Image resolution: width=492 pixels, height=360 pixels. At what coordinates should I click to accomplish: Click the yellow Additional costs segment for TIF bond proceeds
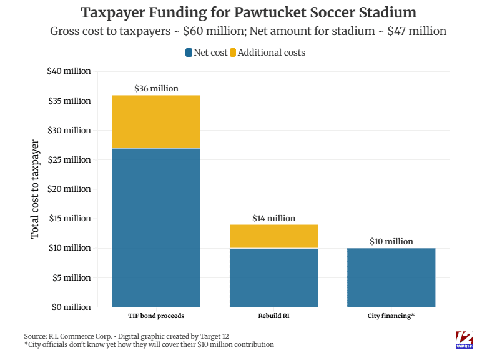156,121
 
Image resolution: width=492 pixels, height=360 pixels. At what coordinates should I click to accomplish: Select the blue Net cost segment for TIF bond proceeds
156,227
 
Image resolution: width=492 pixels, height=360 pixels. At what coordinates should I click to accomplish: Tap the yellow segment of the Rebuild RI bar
273,236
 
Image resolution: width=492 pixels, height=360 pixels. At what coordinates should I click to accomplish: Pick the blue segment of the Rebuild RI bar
273,277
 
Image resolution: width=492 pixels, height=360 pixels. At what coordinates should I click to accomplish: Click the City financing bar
391,277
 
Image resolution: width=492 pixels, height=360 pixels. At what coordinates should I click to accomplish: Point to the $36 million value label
156,89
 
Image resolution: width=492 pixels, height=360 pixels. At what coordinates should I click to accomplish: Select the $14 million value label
273,219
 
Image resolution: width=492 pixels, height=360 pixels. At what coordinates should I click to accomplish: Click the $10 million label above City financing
391,242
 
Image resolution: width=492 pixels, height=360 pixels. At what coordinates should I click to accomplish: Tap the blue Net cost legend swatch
188,52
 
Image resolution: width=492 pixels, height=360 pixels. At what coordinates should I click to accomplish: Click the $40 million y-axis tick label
69,71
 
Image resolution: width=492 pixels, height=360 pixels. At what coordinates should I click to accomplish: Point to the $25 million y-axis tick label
69,160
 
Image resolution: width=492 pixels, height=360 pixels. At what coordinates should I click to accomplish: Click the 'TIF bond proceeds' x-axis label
156,316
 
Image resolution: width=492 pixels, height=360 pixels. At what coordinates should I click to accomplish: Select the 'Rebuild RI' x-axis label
273,316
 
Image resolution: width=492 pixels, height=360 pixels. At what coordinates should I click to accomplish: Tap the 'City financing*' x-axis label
391,316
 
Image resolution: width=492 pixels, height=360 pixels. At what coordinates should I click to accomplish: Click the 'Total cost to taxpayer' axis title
35,189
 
